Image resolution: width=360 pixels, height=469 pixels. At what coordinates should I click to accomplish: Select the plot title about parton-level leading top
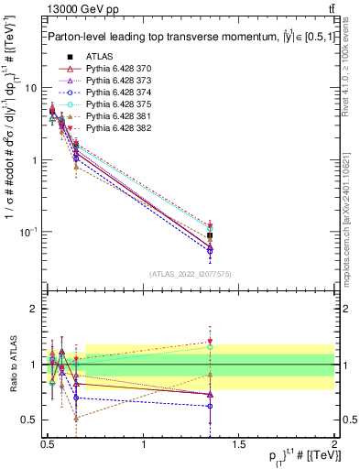183,36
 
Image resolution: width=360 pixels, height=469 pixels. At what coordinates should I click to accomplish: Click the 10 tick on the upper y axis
31,88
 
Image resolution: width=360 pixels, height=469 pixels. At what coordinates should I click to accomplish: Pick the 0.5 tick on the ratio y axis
30,420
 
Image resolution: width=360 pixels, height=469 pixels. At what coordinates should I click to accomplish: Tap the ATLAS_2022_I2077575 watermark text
191,274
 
